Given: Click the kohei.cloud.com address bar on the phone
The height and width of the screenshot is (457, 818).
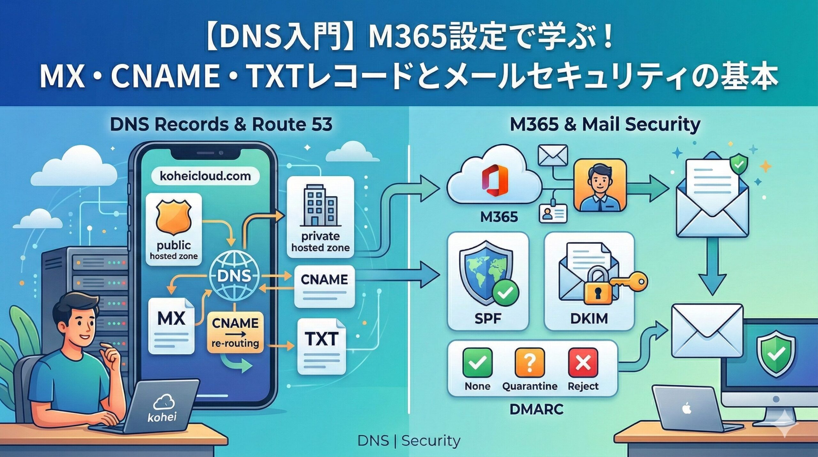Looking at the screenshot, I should click(205, 176).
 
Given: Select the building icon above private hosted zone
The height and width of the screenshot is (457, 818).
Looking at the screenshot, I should click(320, 206).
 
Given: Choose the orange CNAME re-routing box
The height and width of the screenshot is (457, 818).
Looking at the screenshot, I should click(235, 333).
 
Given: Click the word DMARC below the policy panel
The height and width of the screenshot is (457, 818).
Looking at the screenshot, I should click(536, 409).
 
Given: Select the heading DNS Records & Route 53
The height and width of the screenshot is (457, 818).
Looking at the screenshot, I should click(221, 124).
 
